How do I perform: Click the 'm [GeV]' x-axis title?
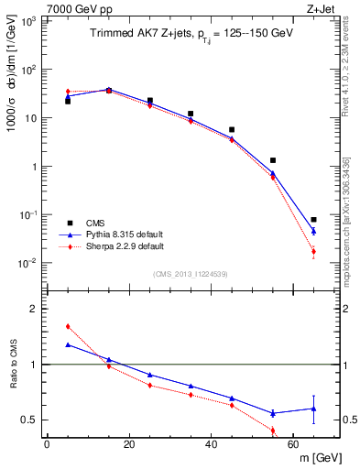(x=318, y=458)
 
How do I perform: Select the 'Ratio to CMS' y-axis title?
(x=14, y=377)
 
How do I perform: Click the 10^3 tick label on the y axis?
(x=28, y=21)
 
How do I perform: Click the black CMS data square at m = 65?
(x=314, y=220)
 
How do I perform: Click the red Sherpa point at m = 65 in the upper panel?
(x=314, y=252)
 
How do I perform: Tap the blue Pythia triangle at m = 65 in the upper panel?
(x=314, y=231)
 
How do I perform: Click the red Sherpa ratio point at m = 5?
(x=68, y=326)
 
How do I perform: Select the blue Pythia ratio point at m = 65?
(x=314, y=409)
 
